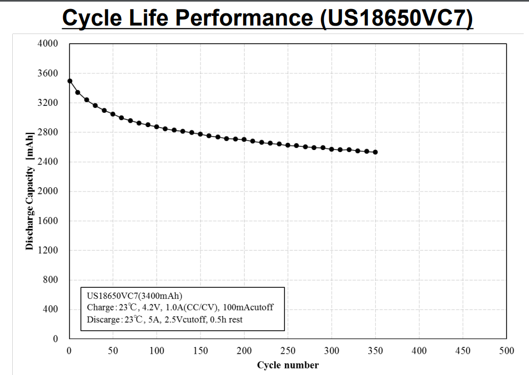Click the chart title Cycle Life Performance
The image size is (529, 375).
267,17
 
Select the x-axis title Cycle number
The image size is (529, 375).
288,365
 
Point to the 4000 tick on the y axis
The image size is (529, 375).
48,44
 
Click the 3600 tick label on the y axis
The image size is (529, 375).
48,73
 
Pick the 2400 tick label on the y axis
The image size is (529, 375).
48,162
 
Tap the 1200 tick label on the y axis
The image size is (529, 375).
48,251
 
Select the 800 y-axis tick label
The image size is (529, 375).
50,280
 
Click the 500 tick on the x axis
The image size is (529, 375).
506,351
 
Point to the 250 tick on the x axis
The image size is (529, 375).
288,351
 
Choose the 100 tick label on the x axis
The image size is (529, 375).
156,351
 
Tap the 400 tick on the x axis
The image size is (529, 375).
419,351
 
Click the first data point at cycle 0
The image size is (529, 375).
70,81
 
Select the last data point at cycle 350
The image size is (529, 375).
375,152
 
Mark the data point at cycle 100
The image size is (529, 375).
157,127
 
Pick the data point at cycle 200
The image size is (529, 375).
244,139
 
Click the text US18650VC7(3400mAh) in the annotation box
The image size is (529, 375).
134,296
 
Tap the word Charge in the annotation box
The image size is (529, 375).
99,307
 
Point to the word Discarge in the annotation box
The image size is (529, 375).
103,319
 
